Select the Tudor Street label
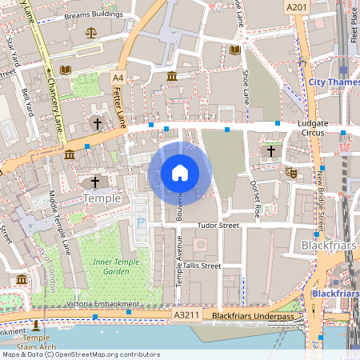[x=219, y=226]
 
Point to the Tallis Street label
[x=200, y=266]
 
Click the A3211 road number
[x=187, y=317]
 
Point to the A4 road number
[x=118, y=77]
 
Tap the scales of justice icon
[x=90, y=34]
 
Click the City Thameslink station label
[x=333, y=82]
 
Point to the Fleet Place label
[x=354, y=24]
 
